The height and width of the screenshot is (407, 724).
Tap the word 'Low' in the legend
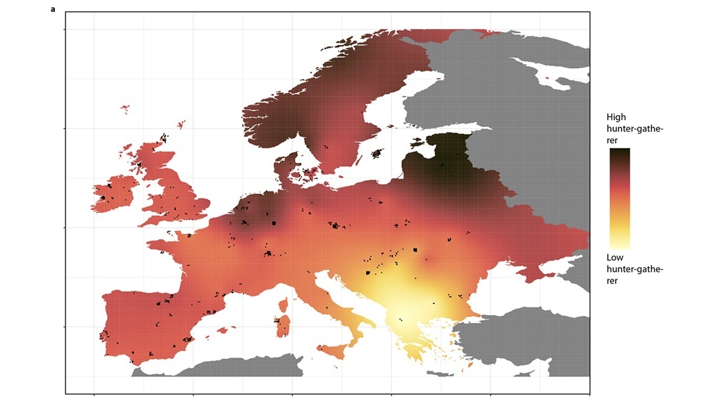(x=615, y=258)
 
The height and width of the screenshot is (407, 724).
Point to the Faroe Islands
(x=125, y=109)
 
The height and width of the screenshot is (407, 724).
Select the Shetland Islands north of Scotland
(x=180, y=125)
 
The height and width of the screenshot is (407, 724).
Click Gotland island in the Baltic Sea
(x=378, y=153)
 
